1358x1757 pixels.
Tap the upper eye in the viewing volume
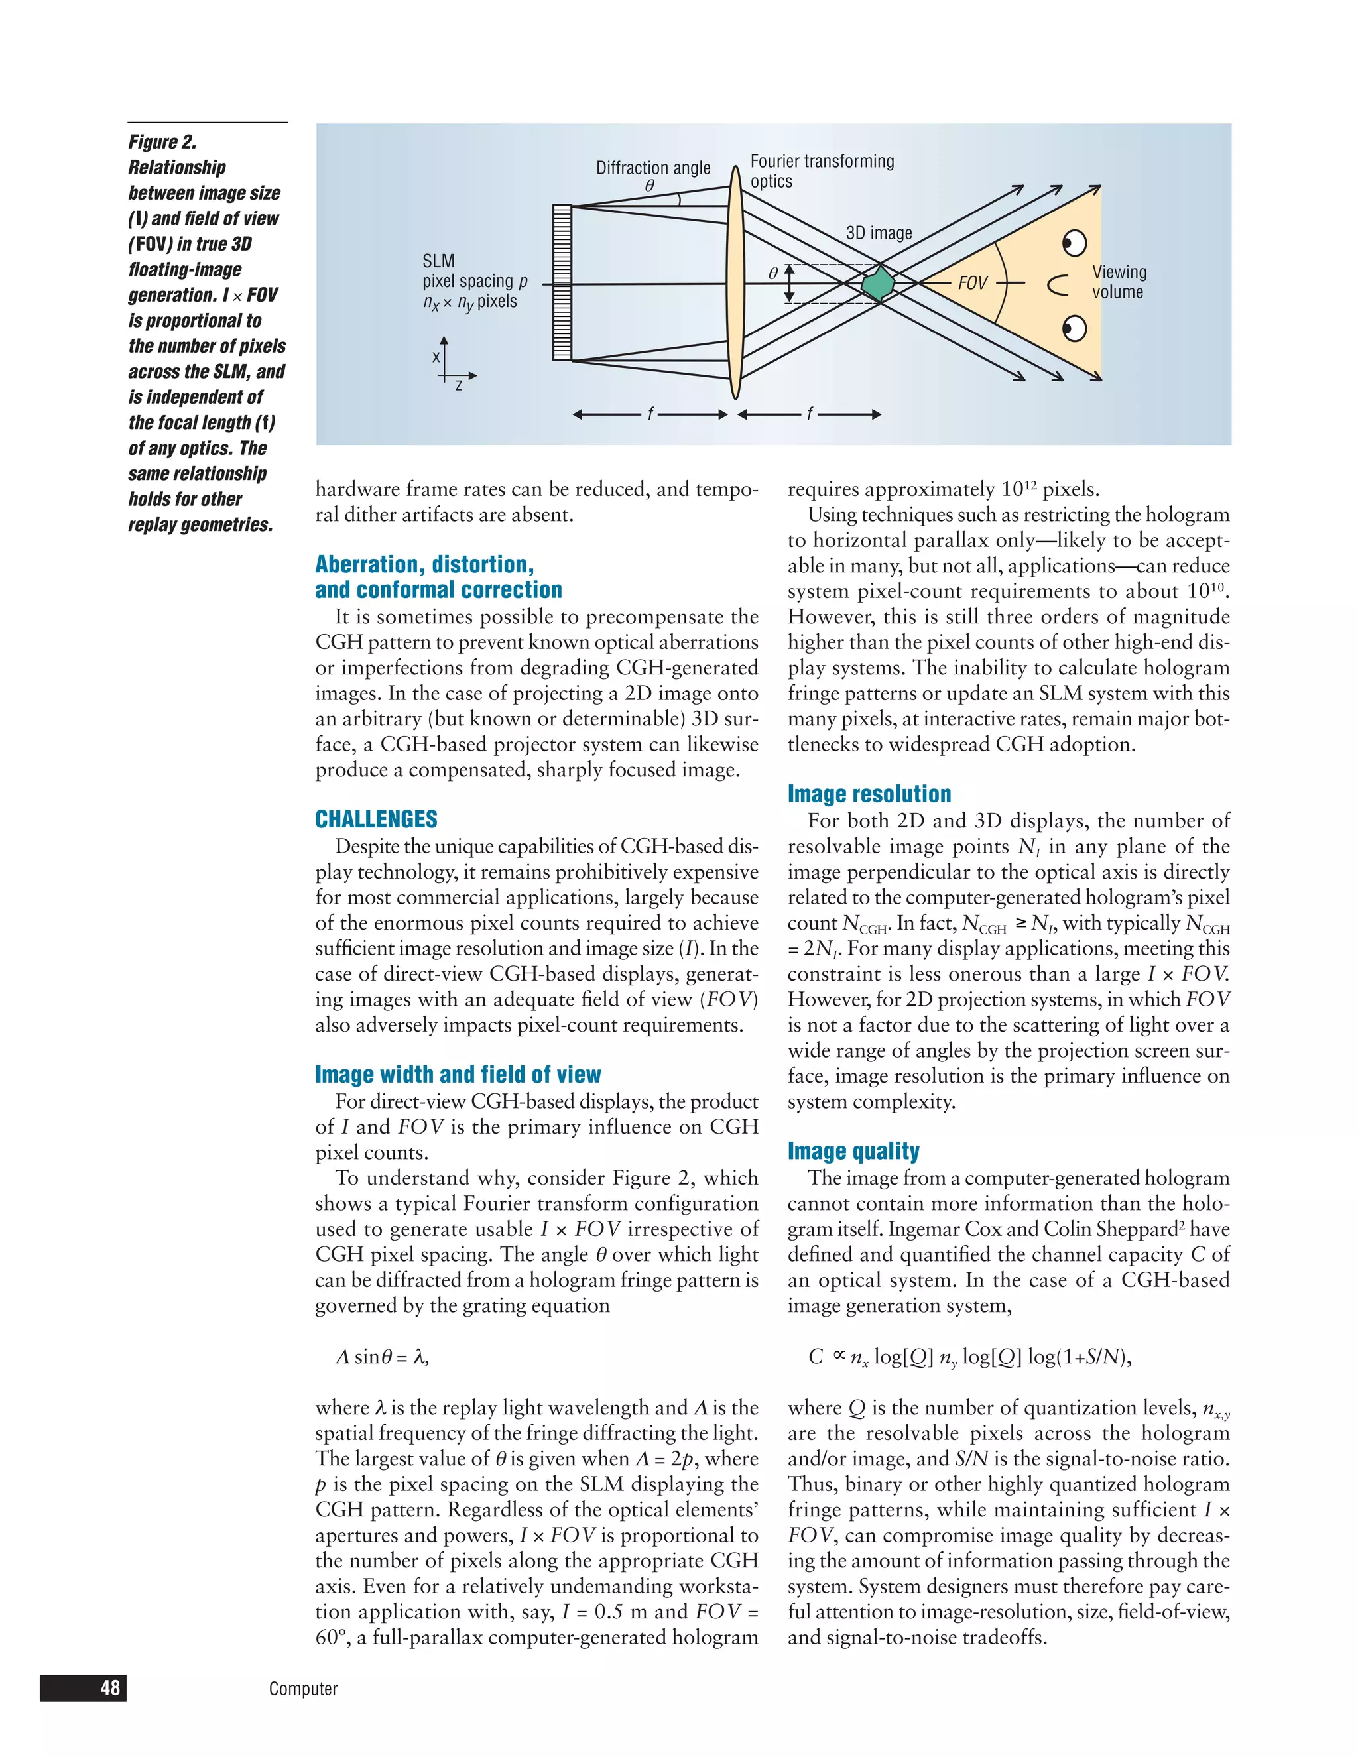(x=1074, y=242)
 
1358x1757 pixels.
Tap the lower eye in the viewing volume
(x=1074, y=328)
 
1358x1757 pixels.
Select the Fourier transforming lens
(x=735, y=282)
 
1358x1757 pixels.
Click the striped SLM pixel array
(x=562, y=282)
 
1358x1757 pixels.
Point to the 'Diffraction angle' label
(x=652, y=168)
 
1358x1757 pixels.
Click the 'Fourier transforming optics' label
(x=822, y=171)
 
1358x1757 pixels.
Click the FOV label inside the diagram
(x=972, y=283)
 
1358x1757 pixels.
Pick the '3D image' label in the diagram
(x=879, y=233)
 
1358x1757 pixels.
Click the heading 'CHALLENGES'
(x=376, y=819)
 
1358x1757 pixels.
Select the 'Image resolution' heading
(x=869, y=794)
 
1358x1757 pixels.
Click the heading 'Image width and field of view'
(x=458, y=1075)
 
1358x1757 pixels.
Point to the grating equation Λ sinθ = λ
(x=382, y=1357)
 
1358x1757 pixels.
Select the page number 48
(x=110, y=1687)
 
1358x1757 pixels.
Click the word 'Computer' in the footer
(x=303, y=1689)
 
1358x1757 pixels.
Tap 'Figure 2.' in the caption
(x=162, y=142)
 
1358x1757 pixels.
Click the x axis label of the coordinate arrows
(x=436, y=357)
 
